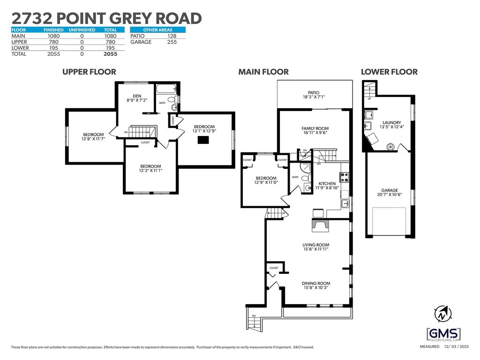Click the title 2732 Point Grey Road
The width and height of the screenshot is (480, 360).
tap(106, 18)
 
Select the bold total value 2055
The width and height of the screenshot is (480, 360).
tap(111, 54)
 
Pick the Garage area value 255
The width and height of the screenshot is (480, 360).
tap(172, 42)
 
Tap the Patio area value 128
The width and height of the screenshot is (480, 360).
tap(172, 36)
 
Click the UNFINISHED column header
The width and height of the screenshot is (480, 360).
tap(82, 30)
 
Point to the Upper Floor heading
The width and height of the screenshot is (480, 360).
tap(89, 72)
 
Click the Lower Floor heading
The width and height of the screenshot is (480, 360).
tap(389, 72)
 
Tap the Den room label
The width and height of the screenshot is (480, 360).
tap(137, 96)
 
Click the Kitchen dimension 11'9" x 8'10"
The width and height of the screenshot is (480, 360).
tap(327, 188)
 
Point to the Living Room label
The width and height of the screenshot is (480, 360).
tap(315, 245)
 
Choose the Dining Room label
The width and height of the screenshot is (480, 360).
tap(315, 283)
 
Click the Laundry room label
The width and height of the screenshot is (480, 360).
tap(391, 122)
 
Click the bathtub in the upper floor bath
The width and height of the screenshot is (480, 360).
tap(165, 89)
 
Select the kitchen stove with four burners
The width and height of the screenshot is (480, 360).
tap(344, 177)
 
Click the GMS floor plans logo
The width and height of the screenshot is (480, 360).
tap(443, 335)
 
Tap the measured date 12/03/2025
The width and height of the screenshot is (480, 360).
tap(457, 347)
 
